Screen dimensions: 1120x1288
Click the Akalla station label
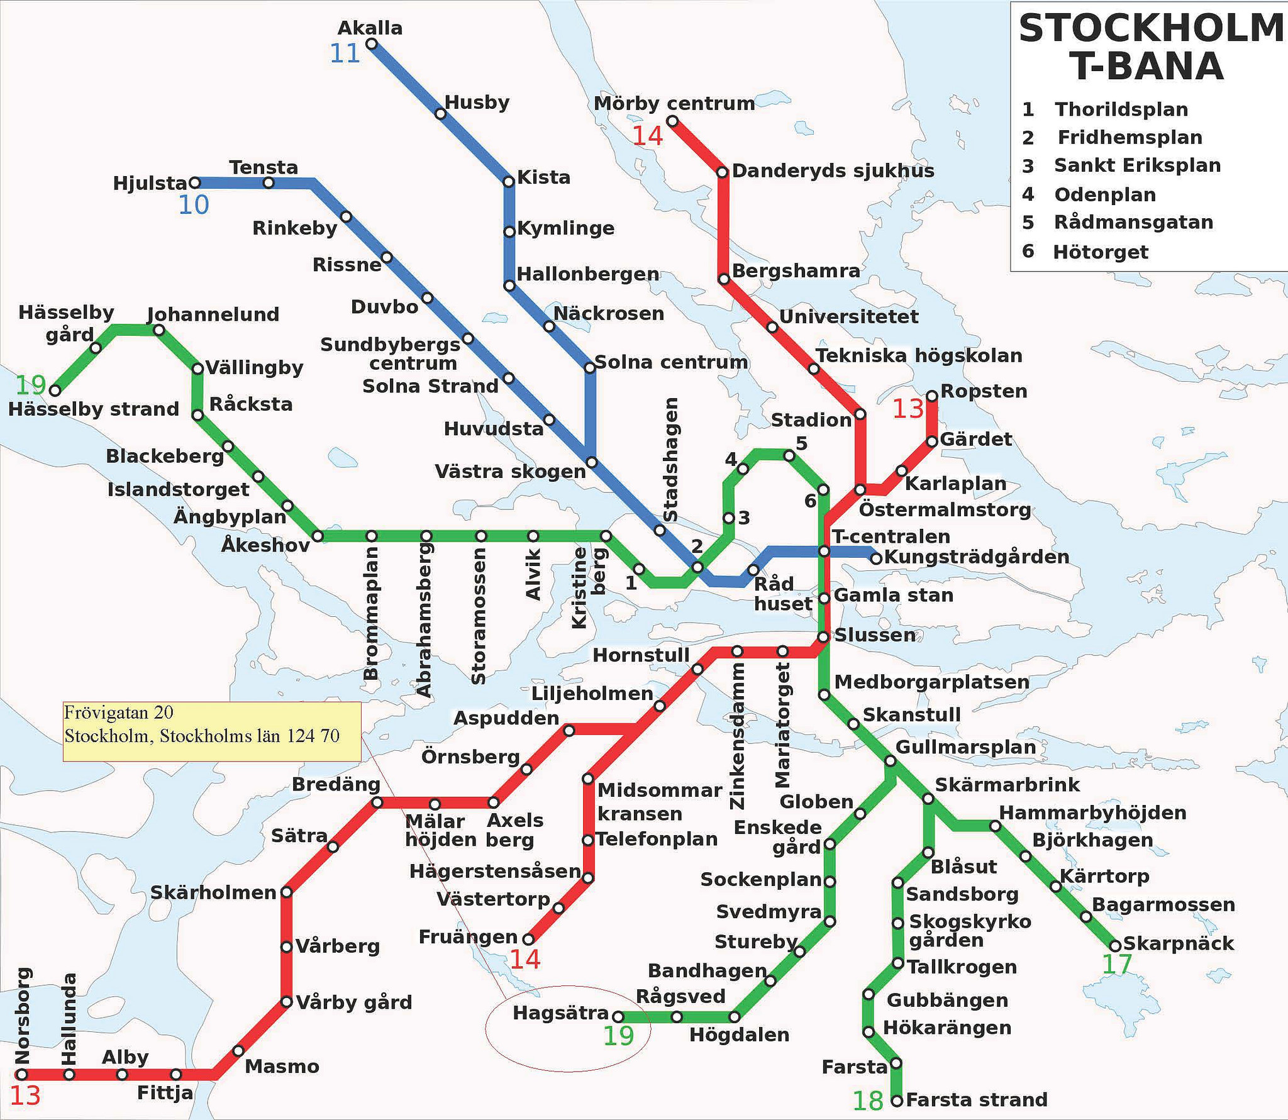click(x=370, y=28)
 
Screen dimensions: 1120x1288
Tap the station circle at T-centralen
click(x=824, y=552)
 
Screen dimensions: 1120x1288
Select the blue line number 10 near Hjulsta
click(x=193, y=205)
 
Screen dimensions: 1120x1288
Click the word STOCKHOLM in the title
click(x=1150, y=29)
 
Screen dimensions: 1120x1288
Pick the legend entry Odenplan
click(x=1104, y=194)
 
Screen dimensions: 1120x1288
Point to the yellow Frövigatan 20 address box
click(x=212, y=731)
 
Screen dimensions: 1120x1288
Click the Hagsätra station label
click(x=560, y=1013)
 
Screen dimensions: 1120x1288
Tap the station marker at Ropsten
click(x=931, y=396)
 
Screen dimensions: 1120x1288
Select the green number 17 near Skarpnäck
click(x=1116, y=965)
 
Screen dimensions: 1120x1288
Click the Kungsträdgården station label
click(x=976, y=557)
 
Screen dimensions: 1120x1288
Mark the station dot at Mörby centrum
click(x=672, y=121)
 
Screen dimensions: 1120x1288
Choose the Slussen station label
click(x=874, y=635)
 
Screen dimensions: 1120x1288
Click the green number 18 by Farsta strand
click(x=868, y=1101)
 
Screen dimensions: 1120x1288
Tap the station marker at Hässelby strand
click(x=55, y=391)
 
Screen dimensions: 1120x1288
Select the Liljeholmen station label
click(x=592, y=694)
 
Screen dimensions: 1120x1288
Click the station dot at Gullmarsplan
click(x=890, y=761)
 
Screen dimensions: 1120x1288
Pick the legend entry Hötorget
click(x=1100, y=252)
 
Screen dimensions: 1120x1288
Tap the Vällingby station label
click(x=254, y=368)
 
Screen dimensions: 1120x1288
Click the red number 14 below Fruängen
click(x=525, y=960)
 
